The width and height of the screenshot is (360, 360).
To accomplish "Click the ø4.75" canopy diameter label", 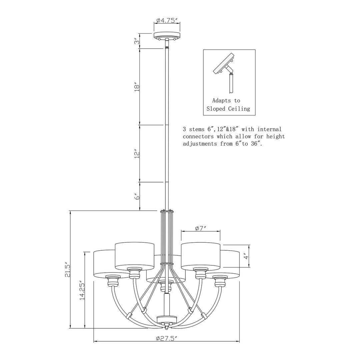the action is pyautogui.click(x=167, y=20).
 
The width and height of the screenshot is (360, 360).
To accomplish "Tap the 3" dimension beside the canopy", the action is pyautogui.click(x=137, y=41).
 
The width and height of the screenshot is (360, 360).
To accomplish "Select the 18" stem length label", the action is pyautogui.click(x=137, y=87).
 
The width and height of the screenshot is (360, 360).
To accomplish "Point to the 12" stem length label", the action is pyautogui.click(x=137, y=154).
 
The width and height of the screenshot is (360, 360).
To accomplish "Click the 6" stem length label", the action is pyautogui.click(x=137, y=197).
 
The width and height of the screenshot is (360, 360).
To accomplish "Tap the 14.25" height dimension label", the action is pyautogui.click(x=82, y=290).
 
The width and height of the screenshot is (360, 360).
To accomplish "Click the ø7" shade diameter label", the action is pyautogui.click(x=201, y=228).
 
